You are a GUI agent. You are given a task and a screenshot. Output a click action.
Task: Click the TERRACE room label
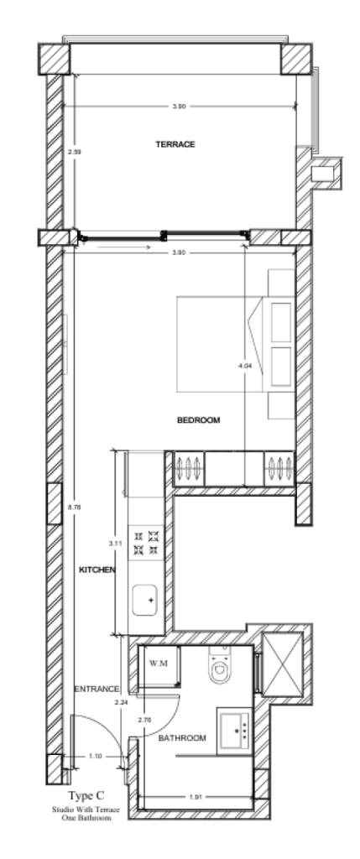click(175, 144)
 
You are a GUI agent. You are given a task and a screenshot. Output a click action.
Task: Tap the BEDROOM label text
click(198, 420)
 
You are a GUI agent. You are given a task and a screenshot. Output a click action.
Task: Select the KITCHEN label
click(97, 570)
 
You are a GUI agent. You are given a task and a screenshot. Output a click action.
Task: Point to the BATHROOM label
click(182, 737)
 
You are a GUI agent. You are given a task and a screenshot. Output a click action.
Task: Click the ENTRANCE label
click(97, 689)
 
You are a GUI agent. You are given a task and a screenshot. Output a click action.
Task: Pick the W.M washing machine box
click(158, 664)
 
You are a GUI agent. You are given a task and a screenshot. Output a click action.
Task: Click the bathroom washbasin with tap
click(236, 726)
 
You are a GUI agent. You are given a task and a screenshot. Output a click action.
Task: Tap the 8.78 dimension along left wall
click(72, 508)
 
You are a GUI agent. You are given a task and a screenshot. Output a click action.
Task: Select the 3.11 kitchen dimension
click(115, 544)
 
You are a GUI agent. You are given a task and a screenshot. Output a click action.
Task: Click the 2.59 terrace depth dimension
click(72, 153)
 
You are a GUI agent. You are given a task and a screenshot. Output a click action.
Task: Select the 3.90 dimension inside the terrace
click(177, 107)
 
